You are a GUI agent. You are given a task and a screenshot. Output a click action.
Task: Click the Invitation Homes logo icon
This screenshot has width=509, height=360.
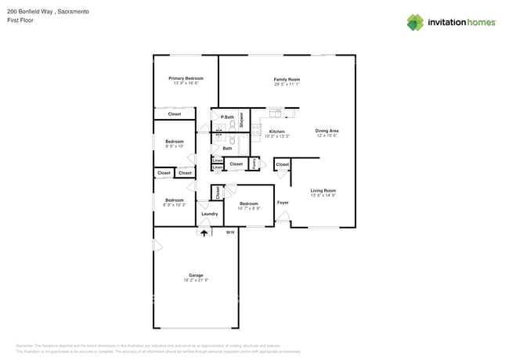(x=415, y=22)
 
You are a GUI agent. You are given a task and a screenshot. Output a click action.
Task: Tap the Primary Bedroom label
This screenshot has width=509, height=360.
(x=186, y=78)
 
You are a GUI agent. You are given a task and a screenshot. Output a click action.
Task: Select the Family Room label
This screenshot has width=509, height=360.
(x=287, y=79)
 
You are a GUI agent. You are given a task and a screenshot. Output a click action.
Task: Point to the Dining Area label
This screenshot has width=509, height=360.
(x=327, y=131)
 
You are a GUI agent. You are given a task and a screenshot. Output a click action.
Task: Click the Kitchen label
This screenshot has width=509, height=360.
(x=277, y=131)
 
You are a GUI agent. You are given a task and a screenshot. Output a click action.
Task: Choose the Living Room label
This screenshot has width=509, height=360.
(x=323, y=191)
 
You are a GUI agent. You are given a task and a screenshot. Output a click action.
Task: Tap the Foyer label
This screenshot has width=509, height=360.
(x=283, y=203)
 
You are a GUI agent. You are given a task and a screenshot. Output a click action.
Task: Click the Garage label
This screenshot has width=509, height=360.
(x=195, y=275)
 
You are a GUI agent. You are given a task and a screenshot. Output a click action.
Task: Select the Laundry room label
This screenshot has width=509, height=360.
(x=209, y=214)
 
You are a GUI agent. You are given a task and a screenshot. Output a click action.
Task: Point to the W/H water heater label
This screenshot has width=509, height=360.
(x=230, y=232)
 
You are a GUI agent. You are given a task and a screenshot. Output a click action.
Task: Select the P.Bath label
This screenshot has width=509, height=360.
(x=227, y=117)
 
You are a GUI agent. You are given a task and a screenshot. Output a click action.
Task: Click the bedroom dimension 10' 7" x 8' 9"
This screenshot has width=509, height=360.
(x=249, y=208)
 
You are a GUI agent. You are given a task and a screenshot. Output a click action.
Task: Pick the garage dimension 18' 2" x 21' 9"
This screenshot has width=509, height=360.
(x=195, y=279)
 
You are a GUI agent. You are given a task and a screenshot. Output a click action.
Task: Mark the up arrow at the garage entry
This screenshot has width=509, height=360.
(x=205, y=232)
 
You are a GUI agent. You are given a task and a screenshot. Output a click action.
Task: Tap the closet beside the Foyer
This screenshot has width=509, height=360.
(x=282, y=164)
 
